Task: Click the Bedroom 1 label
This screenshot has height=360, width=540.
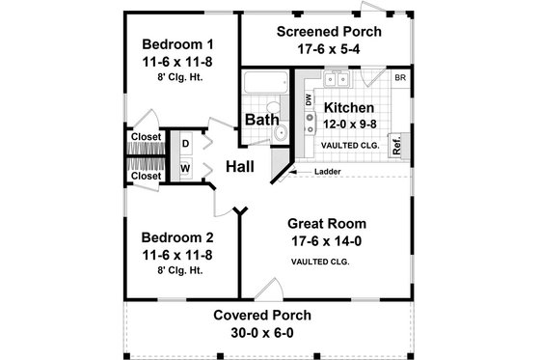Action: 177,43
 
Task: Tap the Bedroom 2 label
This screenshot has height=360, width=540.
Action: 177,237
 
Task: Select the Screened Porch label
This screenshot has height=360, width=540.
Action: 329,31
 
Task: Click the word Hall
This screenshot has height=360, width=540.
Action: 239,167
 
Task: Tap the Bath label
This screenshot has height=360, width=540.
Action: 261,120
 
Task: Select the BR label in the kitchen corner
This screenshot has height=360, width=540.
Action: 399,76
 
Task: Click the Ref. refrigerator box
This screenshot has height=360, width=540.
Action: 396,146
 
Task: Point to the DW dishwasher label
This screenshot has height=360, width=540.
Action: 308,99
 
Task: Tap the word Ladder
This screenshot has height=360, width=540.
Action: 328,172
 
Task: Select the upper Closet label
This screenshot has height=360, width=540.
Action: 146,137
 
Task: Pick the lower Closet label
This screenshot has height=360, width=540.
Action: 146,176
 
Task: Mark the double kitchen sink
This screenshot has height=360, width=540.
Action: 337,80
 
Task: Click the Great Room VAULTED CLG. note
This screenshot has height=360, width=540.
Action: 319,262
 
